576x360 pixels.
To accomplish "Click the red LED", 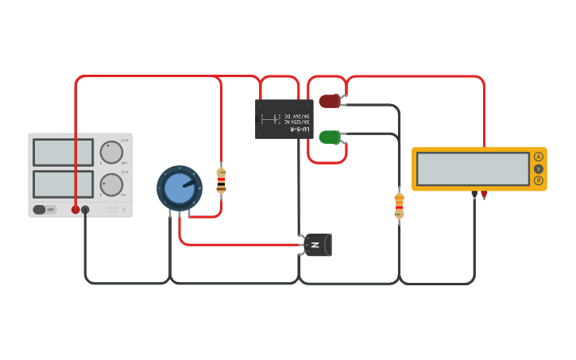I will (x=329, y=101).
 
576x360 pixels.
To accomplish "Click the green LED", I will (x=329, y=137).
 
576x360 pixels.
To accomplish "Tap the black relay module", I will (x=284, y=119).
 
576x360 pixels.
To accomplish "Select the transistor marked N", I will (x=317, y=245).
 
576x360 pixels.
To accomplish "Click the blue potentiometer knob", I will (x=180, y=188).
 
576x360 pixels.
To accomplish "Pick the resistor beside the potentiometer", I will (x=221, y=180).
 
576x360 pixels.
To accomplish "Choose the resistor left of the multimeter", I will (x=399, y=205).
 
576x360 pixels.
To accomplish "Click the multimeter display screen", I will (x=473, y=168).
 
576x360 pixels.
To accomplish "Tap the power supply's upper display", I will (x=63, y=152).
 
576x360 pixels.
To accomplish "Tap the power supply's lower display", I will (x=63, y=184).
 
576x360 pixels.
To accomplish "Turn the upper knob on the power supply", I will (x=111, y=152).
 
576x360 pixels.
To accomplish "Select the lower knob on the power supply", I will (x=111, y=184).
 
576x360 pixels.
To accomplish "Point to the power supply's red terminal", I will (x=75, y=210).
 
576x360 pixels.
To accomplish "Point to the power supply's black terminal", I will (x=86, y=210).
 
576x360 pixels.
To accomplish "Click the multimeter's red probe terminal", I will (x=484, y=194).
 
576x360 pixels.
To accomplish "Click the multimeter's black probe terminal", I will (x=474, y=194).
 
